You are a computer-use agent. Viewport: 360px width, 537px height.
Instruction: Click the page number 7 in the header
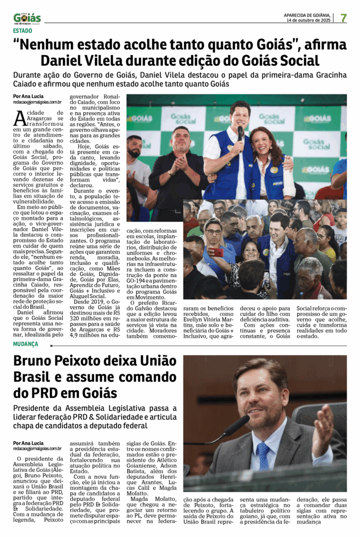344,18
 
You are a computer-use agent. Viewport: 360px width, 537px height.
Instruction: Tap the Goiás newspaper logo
27,19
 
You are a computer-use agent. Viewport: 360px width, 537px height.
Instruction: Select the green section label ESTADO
23,30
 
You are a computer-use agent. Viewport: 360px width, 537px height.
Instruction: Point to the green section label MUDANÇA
26,344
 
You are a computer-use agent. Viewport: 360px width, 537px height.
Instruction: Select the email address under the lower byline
37,449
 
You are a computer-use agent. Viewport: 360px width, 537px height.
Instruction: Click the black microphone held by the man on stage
240,132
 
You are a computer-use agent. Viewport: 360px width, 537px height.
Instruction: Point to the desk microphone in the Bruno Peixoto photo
236,425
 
